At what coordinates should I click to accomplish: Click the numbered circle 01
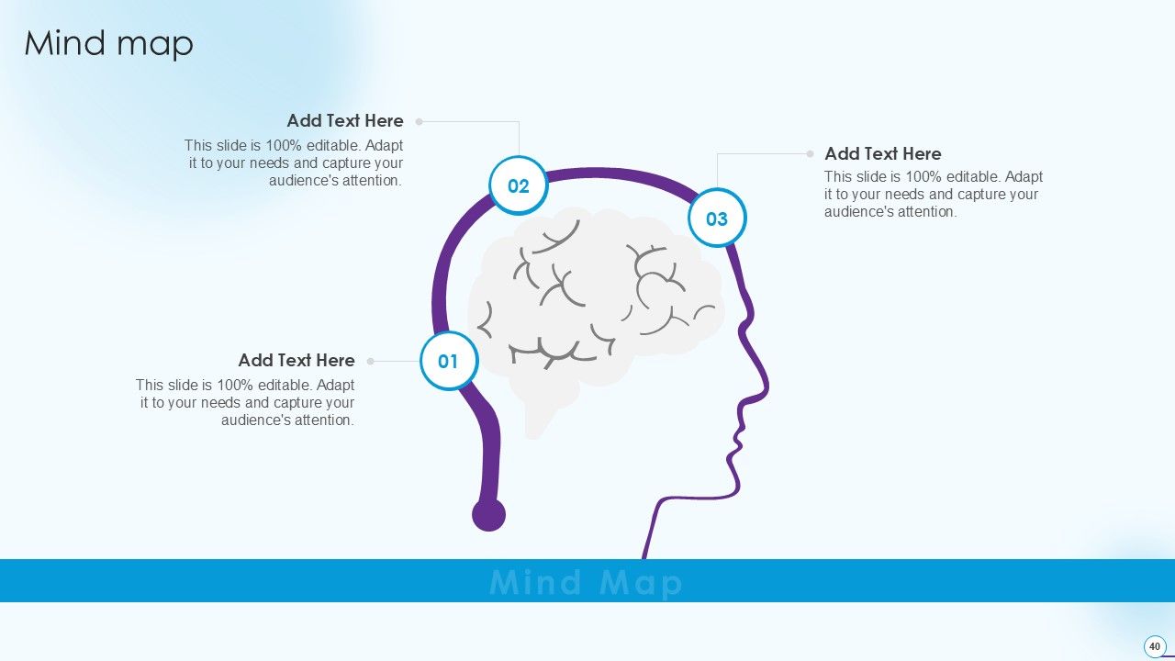(448, 361)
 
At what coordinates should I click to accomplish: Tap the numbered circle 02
(519, 186)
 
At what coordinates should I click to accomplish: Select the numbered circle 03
(717, 218)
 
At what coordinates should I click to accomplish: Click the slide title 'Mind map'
(108, 43)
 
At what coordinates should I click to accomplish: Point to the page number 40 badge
(1155, 646)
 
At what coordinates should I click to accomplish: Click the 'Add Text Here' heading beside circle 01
(297, 360)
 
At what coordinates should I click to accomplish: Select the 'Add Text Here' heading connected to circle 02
(345, 120)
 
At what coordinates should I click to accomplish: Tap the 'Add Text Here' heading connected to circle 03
(882, 153)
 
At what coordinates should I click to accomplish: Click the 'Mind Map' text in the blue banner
(587, 582)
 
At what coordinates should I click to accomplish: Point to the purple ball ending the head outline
(488, 515)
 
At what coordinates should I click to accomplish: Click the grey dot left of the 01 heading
(371, 361)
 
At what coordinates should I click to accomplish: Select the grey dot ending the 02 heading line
(419, 121)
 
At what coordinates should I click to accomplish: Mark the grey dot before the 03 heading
(810, 154)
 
